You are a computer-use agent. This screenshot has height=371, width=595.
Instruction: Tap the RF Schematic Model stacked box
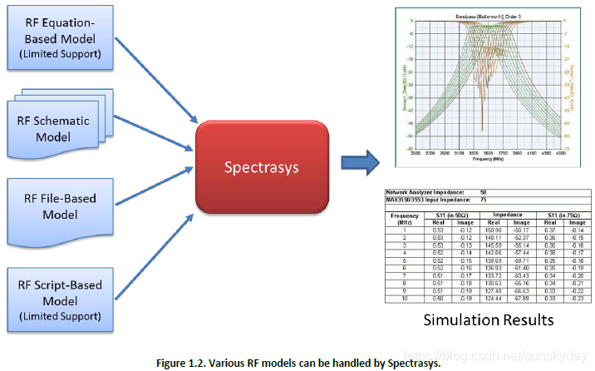point(57,125)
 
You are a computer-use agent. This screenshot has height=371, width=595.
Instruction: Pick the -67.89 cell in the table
point(521,297)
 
